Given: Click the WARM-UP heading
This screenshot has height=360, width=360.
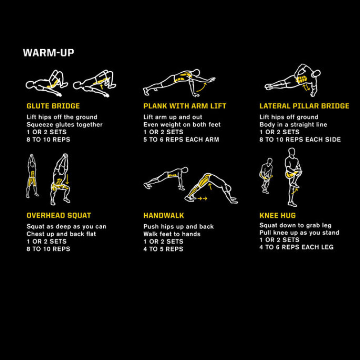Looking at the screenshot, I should tap(49, 53).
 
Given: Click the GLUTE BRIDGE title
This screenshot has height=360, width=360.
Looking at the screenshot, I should tap(53, 106).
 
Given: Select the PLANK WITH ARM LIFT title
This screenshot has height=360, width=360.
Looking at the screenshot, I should tap(185, 106).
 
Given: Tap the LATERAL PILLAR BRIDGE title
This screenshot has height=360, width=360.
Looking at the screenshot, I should tap(304, 106).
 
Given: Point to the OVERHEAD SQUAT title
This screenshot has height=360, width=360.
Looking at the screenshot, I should tap(59, 216).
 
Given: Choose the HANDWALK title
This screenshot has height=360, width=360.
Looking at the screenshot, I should tap(163, 216).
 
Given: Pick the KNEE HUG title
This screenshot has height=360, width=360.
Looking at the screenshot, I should tap(278, 216).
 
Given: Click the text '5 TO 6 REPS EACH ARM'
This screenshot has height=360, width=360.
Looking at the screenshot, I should tap(181, 140).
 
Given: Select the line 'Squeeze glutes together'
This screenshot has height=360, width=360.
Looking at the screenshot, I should tap(64, 125).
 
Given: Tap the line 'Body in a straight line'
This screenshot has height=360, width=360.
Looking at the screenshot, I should tap(293, 125).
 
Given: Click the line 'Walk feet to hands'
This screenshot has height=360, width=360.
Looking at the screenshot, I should tap(172, 234).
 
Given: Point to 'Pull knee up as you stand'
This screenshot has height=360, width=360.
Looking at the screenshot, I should tap(299, 233).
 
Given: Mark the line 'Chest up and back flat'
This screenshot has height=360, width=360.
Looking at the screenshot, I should tap(61, 234).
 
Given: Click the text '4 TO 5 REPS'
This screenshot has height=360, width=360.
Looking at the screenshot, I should tap(163, 249).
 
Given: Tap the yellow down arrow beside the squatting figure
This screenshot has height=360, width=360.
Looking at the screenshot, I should tap(67, 179).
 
